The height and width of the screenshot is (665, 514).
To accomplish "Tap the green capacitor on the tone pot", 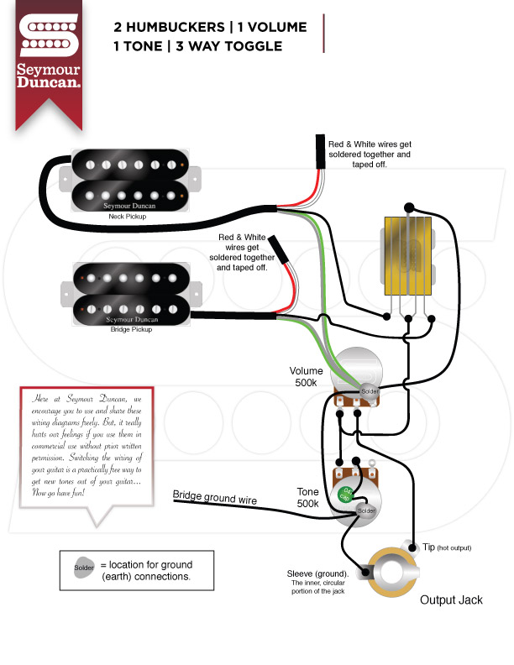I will pos(345,497).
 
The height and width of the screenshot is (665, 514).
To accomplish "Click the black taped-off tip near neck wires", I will pos(322,152).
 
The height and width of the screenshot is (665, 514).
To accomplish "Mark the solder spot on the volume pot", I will pos(370,391).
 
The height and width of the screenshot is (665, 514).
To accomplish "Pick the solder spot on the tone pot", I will pos(365,511).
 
